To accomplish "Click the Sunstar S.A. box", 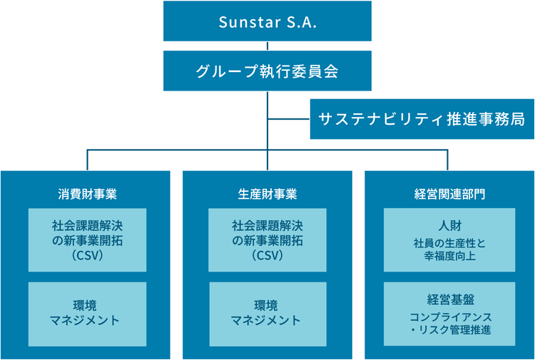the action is point(267,21).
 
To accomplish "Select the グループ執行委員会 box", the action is point(267,71).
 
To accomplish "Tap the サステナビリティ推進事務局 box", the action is point(422,119).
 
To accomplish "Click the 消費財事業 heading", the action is point(87,194).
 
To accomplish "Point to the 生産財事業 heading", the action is point(267,194).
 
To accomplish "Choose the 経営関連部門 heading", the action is point(449,194).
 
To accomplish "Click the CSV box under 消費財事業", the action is point(87,240).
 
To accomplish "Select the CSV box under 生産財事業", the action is point(267,240).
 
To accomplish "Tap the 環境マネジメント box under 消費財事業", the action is point(87,314).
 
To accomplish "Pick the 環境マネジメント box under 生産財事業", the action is point(267,314).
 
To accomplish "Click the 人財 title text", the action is point(449,225).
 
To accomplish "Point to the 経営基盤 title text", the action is point(451,299).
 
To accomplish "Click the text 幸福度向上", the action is point(449,256).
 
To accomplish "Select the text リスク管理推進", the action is point(455,330).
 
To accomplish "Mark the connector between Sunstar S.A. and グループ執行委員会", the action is point(267,46).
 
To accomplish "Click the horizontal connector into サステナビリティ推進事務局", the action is point(289,119).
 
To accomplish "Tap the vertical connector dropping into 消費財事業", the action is point(87,160).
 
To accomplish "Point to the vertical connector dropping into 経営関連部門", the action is point(447,160).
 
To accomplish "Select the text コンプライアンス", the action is point(451,317).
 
